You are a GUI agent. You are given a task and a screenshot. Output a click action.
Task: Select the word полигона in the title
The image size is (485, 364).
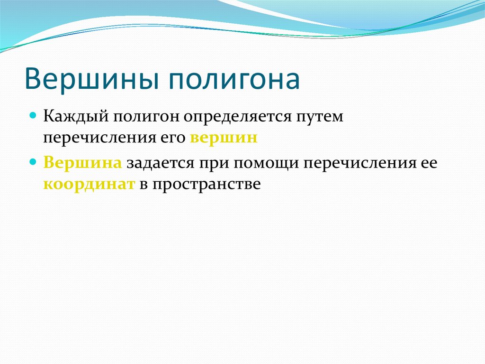coord(232,80)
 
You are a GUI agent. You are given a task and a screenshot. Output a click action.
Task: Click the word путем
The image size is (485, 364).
coord(322,117)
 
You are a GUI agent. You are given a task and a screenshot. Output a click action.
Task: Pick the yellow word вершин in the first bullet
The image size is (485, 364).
coord(224,138)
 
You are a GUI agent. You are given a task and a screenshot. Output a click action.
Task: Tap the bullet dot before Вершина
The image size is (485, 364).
coord(34,162)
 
